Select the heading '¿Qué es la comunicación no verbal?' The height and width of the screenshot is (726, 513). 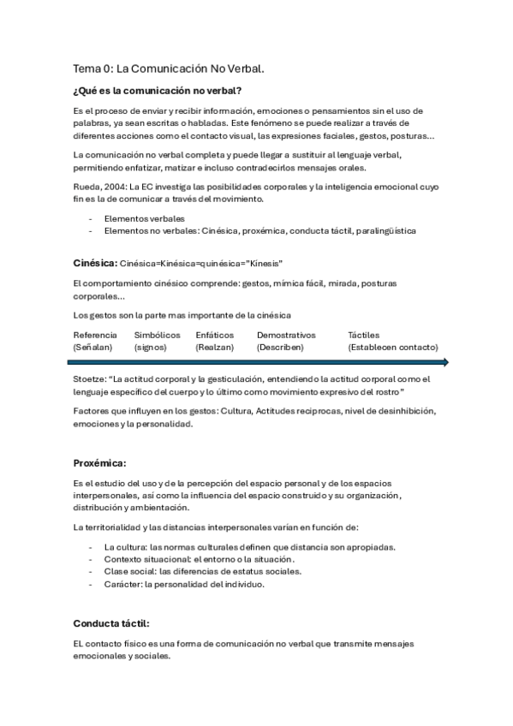[x=157, y=91]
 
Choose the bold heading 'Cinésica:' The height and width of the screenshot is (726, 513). [x=95, y=262]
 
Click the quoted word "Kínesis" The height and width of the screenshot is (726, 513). [x=264, y=263]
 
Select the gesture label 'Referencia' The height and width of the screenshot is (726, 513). [x=95, y=335]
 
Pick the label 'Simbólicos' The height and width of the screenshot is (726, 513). [x=157, y=335]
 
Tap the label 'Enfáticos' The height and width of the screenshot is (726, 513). [x=214, y=335]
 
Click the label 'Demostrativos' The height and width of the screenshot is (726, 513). [x=286, y=335]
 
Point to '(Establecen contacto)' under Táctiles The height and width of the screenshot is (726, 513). [x=393, y=348]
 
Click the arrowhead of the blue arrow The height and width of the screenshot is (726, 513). [x=444, y=363]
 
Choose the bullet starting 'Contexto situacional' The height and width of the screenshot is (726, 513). [x=199, y=559]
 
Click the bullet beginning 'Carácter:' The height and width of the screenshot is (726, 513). [x=184, y=584]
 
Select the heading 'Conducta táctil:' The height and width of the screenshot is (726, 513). [x=111, y=623]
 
